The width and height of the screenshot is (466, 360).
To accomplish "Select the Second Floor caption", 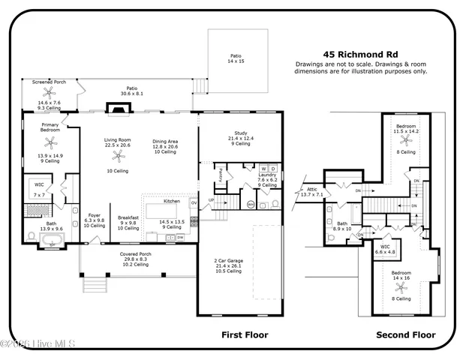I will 406,334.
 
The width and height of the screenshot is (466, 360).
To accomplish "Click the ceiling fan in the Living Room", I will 117,157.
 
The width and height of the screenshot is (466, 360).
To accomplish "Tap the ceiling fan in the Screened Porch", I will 50,93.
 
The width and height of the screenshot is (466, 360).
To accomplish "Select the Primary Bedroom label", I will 51,127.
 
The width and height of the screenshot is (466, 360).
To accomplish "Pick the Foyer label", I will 95,215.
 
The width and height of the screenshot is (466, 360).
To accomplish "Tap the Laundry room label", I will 268,175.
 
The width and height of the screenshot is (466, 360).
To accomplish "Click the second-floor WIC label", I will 385,247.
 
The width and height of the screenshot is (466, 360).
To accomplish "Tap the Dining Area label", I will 165,142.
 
